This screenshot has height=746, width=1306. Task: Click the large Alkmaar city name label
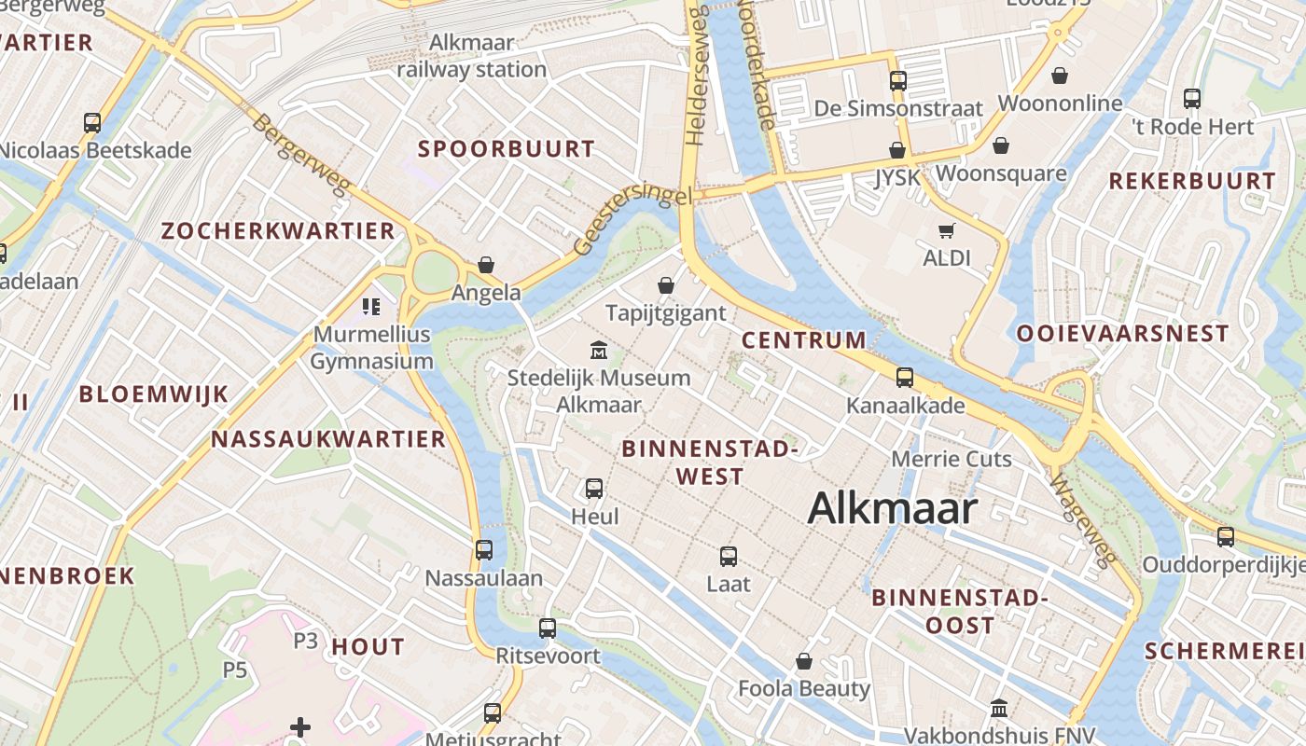click(x=893, y=509)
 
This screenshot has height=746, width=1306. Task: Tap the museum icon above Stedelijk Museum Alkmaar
click(x=599, y=351)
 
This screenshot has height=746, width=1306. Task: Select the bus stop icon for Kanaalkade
click(x=905, y=378)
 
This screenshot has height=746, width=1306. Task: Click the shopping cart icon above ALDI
click(x=947, y=230)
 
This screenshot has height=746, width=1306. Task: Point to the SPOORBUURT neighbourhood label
click(x=506, y=149)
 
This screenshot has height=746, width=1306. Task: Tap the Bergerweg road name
click(x=300, y=155)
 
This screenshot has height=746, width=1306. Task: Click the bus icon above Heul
click(x=594, y=488)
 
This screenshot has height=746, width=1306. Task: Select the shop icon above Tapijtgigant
click(x=666, y=284)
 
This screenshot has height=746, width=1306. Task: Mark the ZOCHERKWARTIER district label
click(x=278, y=231)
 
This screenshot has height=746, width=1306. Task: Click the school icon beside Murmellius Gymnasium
click(x=371, y=306)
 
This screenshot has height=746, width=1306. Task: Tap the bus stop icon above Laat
click(x=729, y=557)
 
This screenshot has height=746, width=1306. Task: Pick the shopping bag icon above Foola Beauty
click(x=804, y=661)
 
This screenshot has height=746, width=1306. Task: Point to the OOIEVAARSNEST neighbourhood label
click(x=1122, y=334)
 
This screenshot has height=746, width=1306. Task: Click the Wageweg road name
click(x=1083, y=521)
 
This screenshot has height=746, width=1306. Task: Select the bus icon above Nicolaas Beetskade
click(x=92, y=122)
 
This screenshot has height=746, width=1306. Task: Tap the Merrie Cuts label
click(x=952, y=459)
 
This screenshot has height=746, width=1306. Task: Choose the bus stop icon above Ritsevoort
click(x=548, y=628)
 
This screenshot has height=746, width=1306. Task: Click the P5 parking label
click(x=234, y=670)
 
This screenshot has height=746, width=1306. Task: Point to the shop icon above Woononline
click(x=1060, y=76)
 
